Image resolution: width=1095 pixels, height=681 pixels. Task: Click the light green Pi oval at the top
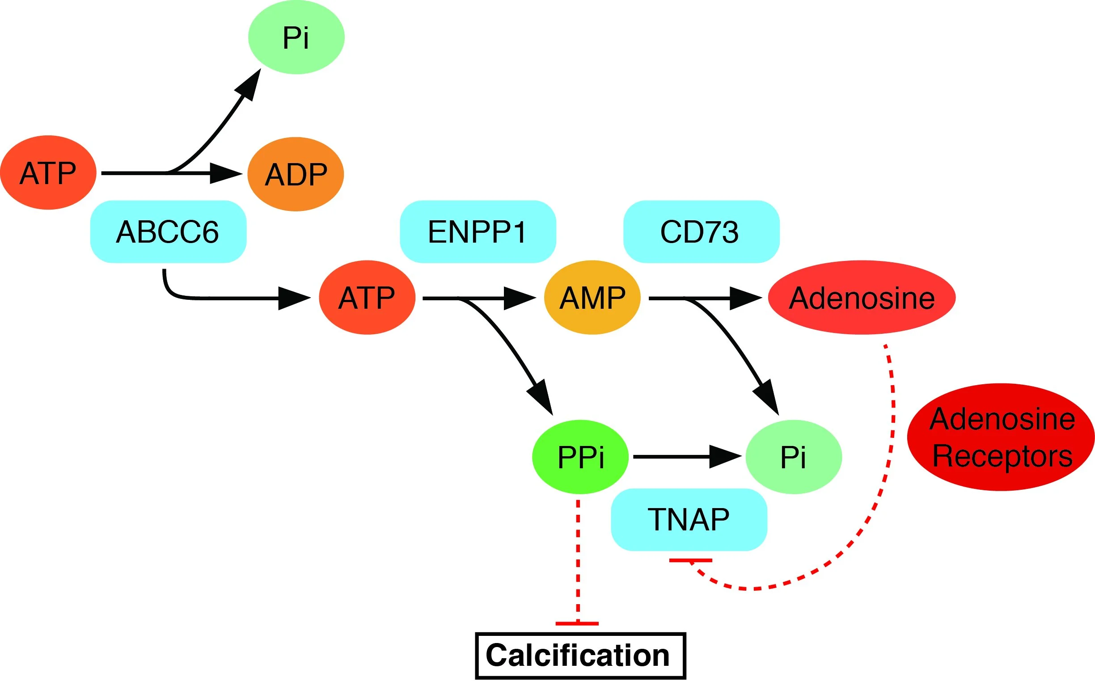(296, 37)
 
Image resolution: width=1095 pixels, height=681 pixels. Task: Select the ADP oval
(296, 174)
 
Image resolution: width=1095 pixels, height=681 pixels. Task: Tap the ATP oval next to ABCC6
(48, 172)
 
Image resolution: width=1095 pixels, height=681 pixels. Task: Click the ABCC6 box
(168, 231)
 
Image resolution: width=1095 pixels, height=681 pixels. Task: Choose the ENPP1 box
(478, 231)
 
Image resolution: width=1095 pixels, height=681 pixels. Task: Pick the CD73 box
(701, 231)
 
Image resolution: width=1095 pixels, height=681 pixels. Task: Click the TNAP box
(689, 519)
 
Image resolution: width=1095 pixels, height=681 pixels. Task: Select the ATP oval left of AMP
(367, 297)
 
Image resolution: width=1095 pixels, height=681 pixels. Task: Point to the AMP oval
(592, 297)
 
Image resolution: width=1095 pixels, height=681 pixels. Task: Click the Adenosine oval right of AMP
(861, 297)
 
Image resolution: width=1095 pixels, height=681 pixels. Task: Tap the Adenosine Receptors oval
(1001, 437)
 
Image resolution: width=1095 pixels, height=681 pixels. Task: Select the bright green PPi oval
(580, 457)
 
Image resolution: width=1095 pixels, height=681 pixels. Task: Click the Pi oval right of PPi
(793, 457)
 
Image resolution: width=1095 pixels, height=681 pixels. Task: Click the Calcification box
(580, 656)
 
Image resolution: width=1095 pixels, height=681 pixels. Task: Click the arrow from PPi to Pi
(685, 457)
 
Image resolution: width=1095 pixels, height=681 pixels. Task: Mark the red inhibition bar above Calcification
(577, 624)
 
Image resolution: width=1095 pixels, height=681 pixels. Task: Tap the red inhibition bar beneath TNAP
(690, 560)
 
